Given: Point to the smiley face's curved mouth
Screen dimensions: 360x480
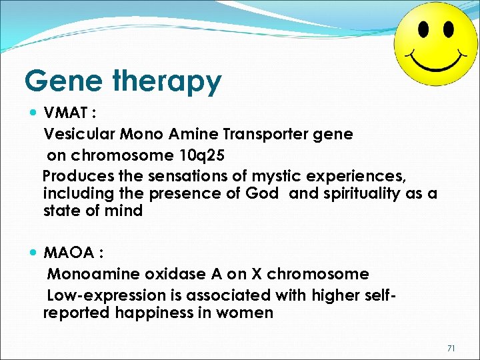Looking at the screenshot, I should point(436,61).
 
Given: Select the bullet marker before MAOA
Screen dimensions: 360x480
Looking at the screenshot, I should point(34,253).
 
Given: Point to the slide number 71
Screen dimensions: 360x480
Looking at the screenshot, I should point(451,347).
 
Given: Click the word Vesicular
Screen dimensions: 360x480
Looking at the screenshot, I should point(79,135).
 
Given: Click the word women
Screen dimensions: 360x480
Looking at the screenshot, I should point(245,313).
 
